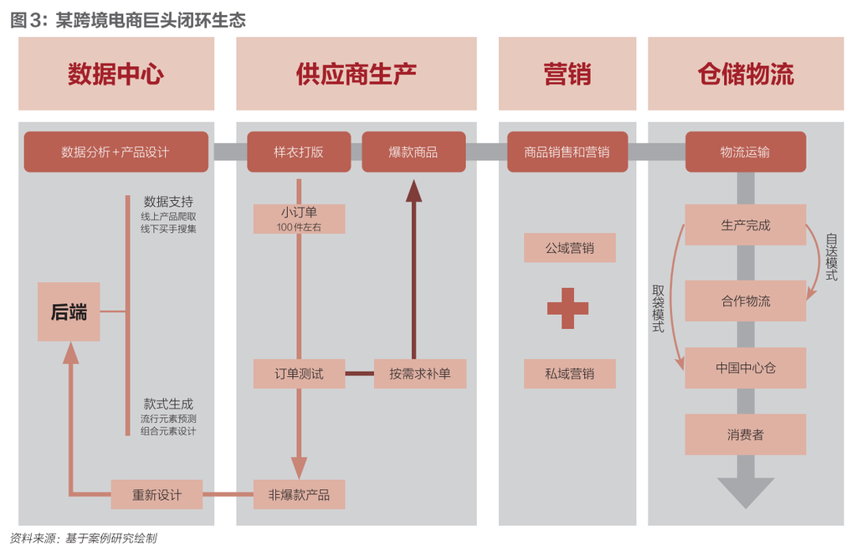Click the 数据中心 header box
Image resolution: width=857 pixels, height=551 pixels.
(x=116, y=74)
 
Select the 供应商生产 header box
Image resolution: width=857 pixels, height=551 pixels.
(x=356, y=74)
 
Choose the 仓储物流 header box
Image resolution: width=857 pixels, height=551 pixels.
(x=745, y=74)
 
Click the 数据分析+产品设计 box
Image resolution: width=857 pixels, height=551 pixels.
(x=115, y=152)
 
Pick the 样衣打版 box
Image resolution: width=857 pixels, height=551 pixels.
(x=299, y=152)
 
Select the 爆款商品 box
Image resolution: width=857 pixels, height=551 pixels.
(x=413, y=152)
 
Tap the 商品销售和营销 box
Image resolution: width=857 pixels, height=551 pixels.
(x=567, y=152)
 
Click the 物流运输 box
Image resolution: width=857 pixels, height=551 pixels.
(x=745, y=152)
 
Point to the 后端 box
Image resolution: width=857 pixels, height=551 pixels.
(x=69, y=312)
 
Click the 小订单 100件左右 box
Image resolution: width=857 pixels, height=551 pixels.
(x=299, y=219)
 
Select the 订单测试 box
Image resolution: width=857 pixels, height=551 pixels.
(x=299, y=373)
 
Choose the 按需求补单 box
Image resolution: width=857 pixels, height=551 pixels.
(x=419, y=373)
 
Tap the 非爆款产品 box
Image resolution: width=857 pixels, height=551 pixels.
(x=299, y=494)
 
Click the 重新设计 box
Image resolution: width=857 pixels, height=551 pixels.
(x=157, y=494)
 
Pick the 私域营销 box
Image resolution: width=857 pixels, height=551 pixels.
(x=569, y=373)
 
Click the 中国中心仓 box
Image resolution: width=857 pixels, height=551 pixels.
(x=745, y=368)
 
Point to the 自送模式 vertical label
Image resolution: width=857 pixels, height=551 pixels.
(x=831, y=256)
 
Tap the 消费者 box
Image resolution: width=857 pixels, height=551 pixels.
(x=745, y=435)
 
